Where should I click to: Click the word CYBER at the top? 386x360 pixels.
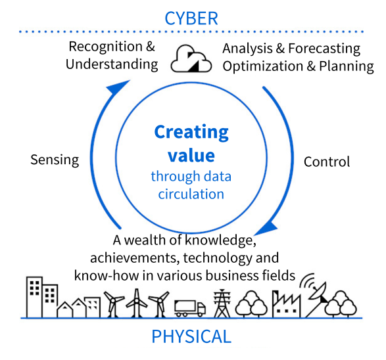point(191,18)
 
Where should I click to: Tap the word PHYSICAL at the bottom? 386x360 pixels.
point(191,336)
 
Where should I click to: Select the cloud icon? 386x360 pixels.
point(191,58)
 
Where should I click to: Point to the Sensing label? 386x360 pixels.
point(55,160)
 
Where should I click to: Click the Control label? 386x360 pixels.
point(327,162)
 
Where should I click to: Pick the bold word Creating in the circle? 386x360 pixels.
point(191,133)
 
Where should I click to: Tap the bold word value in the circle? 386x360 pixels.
point(191,156)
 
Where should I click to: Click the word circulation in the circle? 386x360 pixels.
point(191,194)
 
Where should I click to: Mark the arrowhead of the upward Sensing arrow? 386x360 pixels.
point(118,86)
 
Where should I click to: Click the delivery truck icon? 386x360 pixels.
point(190,308)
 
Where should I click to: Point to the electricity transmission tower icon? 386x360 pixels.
point(222,304)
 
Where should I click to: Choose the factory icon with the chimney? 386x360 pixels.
point(286,304)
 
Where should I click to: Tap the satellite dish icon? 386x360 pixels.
point(316,295)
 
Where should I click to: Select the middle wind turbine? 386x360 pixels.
point(137,303)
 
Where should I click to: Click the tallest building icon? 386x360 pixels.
point(34,297)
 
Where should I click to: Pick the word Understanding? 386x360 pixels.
point(112,65)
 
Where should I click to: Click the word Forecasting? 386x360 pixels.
point(324,49)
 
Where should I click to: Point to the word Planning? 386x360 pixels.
point(347,66)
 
